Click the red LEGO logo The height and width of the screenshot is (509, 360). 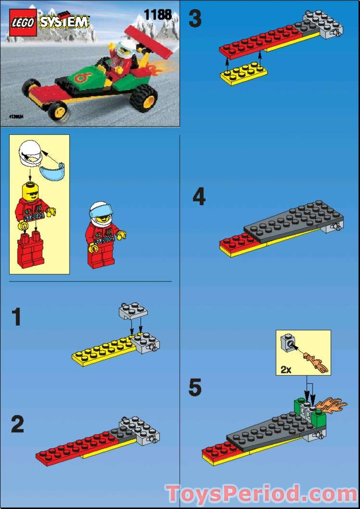pos(22,23)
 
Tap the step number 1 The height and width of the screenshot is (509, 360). pos(16,318)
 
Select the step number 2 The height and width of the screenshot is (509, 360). pos(17,425)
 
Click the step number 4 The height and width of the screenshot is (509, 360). pos(199,197)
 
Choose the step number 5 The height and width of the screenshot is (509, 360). pos(195,388)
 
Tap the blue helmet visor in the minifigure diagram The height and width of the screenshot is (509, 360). pos(51,171)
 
